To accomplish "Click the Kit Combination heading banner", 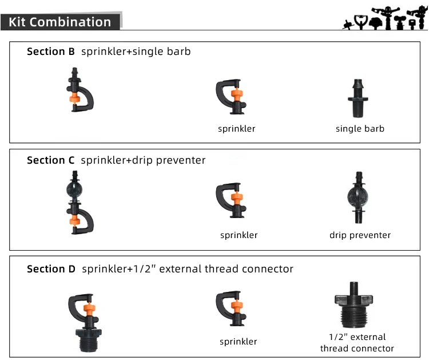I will tap(60, 22).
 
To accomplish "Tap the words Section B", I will tap(51, 52).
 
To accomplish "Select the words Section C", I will tap(51, 160).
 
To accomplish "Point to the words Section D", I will tap(51, 269).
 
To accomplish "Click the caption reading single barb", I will tap(360, 129).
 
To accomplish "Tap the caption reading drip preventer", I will tap(360, 235).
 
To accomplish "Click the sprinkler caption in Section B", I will tap(236, 129).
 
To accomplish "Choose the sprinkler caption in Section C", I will tap(239, 235).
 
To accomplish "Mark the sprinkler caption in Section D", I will tap(238, 342).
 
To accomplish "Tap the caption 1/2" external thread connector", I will tap(357, 342).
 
